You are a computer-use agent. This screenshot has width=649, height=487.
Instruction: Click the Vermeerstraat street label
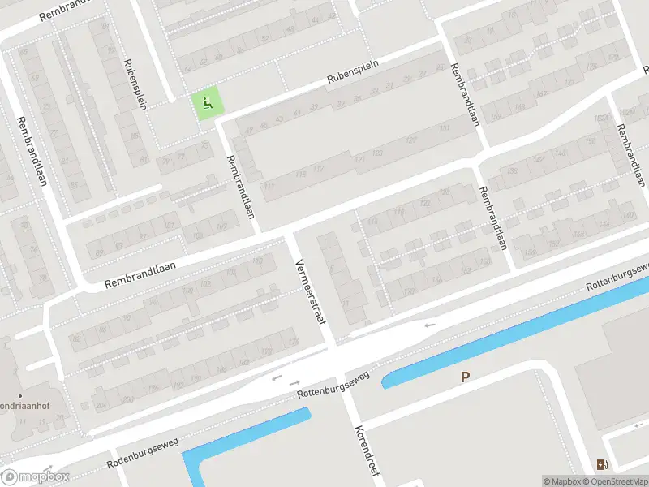[x=311, y=291]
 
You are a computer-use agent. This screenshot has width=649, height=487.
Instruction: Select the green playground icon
[x=208, y=103]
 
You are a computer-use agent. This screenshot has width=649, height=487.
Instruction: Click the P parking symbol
[x=465, y=377]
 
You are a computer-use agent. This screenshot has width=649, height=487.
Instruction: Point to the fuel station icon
[x=601, y=464]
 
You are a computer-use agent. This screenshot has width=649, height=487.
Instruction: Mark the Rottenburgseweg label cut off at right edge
[x=618, y=278]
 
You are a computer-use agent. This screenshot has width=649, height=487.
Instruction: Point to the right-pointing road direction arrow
[x=294, y=382]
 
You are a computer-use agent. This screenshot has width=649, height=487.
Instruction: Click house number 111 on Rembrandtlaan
[x=269, y=186]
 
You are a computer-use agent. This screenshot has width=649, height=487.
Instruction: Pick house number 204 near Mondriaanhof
[x=101, y=405]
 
